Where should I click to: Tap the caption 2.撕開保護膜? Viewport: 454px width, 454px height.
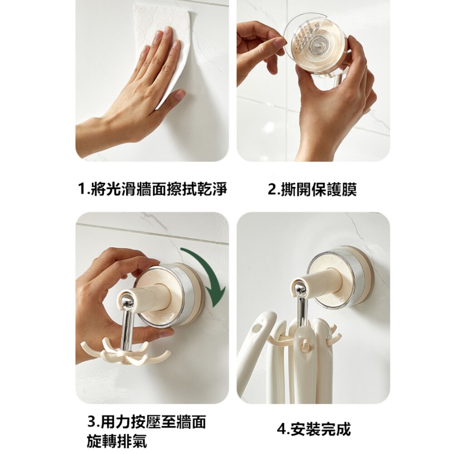click(312, 190)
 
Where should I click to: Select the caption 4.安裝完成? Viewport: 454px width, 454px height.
click(314, 429)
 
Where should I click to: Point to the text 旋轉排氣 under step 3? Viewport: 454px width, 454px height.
click(117, 441)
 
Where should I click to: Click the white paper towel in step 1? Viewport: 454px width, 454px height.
click(162, 49)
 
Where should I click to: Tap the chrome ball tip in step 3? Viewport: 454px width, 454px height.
click(125, 301)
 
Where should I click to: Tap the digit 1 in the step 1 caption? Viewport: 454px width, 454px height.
click(83, 190)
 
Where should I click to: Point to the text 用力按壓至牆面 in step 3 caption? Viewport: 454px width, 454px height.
click(154, 422)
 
